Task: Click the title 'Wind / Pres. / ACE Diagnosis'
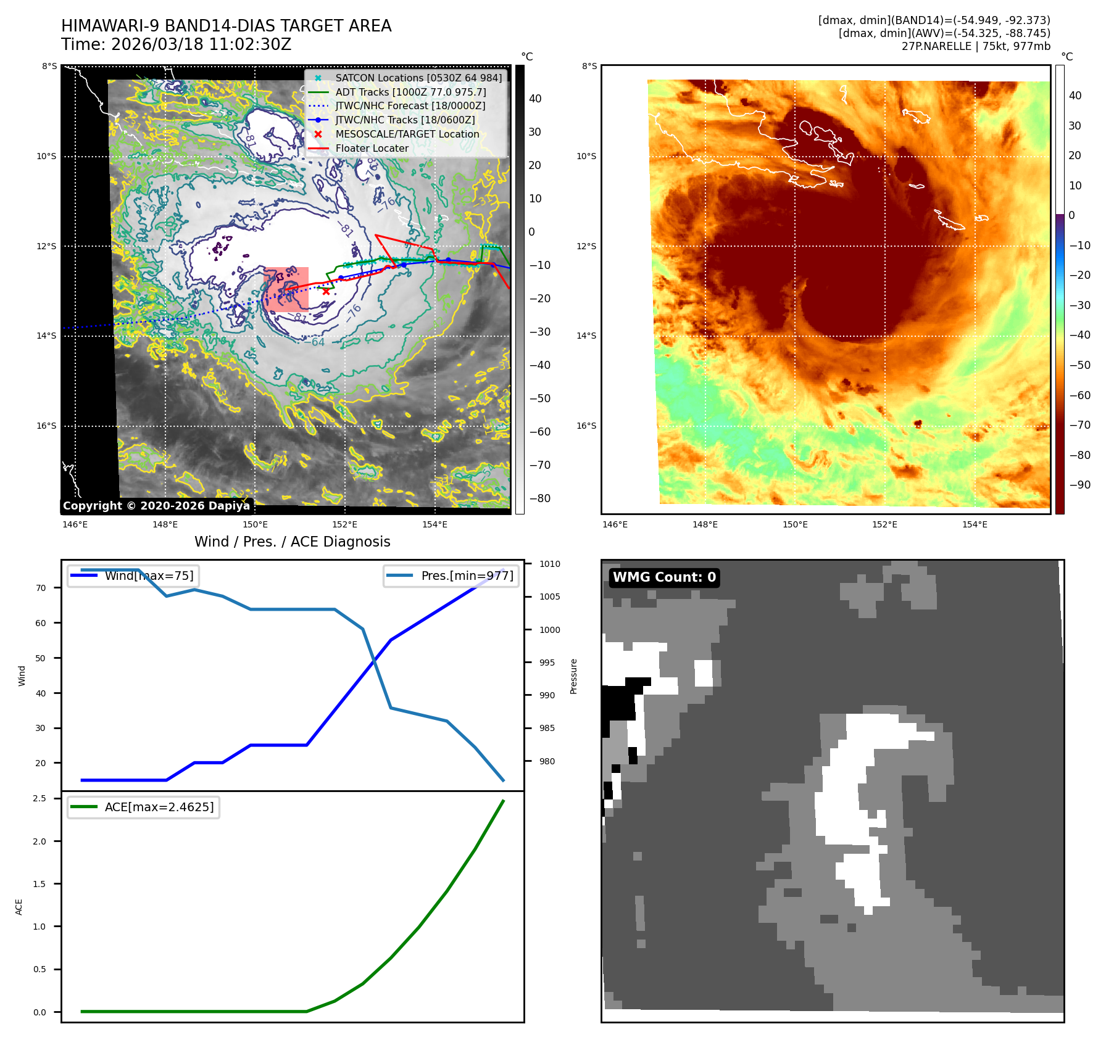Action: click(292, 542)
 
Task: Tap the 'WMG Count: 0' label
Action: click(664, 577)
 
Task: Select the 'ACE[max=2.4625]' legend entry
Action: click(159, 807)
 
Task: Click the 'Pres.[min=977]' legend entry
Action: click(467, 576)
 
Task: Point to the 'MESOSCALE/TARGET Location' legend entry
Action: click(407, 134)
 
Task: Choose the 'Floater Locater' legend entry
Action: click(372, 148)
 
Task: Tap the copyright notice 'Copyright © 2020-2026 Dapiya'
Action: click(156, 506)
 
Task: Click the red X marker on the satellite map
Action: click(326, 291)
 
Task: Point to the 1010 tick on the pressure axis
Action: click(549, 564)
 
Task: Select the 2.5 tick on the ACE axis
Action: click(39, 798)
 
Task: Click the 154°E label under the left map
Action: click(434, 524)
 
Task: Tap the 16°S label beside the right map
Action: click(586, 426)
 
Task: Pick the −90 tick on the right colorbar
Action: click(1079, 485)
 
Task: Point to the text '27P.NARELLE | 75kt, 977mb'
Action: click(975, 46)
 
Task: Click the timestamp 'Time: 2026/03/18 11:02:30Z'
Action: click(176, 44)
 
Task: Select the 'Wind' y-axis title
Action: click(22, 675)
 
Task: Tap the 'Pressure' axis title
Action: click(574, 676)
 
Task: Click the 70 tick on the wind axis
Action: click(41, 588)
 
